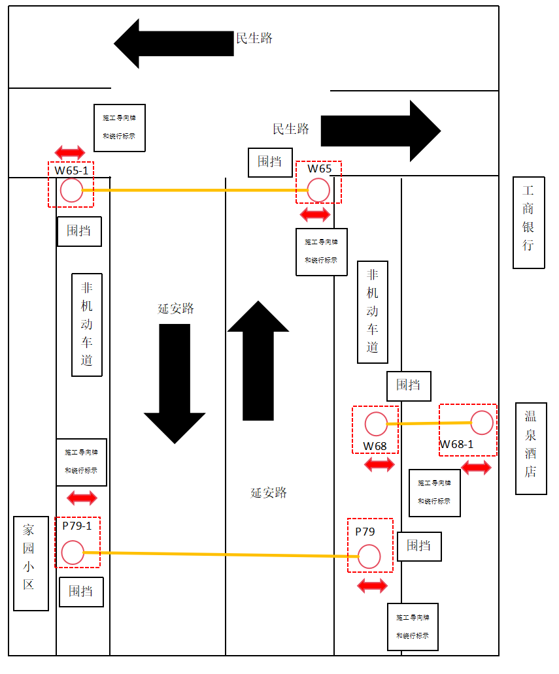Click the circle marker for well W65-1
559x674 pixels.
(x=71, y=191)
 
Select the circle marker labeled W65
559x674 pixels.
(x=318, y=191)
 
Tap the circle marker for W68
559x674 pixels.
(x=376, y=425)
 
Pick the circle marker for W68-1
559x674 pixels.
(x=482, y=423)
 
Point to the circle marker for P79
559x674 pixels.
(x=369, y=557)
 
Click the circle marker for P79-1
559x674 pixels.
(x=73, y=553)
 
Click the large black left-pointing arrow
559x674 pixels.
(x=173, y=43)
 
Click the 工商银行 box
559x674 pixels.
(x=529, y=223)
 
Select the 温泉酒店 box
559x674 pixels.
(x=531, y=449)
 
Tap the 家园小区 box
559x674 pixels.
(x=31, y=563)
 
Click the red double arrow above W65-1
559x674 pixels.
(x=70, y=153)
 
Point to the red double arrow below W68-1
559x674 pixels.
(x=476, y=468)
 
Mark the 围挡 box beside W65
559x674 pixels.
(x=269, y=162)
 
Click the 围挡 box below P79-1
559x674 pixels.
(x=81, y=592)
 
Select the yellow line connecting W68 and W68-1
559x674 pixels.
(x=429, y=423)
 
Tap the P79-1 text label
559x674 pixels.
(x=77, y=525)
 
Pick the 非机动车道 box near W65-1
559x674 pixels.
(x=87, y=325)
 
